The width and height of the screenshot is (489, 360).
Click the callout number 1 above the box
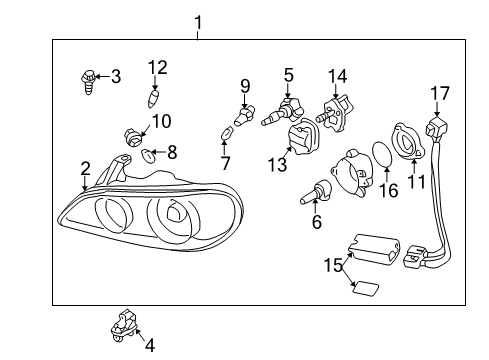[x=198, y=23]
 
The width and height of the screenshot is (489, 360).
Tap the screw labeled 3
[x=88, y=82]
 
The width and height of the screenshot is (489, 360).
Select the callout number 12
[x=158, y=67]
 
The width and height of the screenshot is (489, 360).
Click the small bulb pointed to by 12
[x=153, y=98]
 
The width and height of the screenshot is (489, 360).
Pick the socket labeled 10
[x=133, y=137]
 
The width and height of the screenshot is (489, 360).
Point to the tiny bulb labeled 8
[x=147, y=155]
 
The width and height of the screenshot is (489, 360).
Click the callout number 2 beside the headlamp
[x=85, y=169]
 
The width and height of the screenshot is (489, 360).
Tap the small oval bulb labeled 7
[x=226, y=134]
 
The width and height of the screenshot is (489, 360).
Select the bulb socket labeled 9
[x=244, y=115]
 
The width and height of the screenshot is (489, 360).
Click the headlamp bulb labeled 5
[x=282, y=112]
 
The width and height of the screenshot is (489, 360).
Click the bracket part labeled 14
[x=335, y=113]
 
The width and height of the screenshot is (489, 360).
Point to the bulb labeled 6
[x=315, y=191]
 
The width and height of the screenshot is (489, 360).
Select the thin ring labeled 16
[x=382, y=154]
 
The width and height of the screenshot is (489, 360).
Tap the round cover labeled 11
[x=409, y=140]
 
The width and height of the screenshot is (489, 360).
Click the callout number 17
[x=440, y=93]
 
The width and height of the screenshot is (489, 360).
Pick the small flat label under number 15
[x=366, y=288]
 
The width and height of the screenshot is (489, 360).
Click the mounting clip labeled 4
[x=124, y=326]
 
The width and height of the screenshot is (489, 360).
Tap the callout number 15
[x=333, y=265]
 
